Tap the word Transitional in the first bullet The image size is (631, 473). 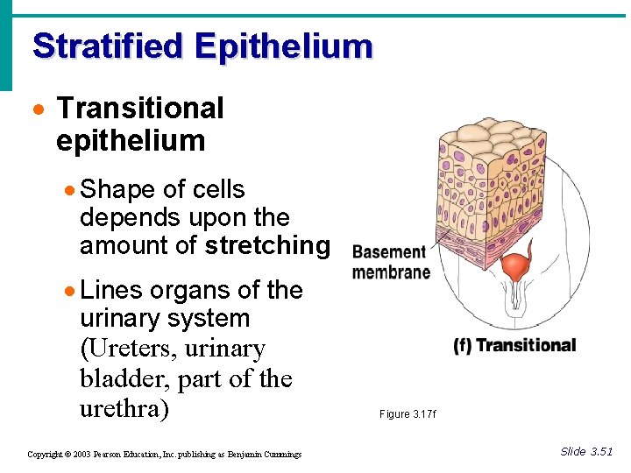point(140,109)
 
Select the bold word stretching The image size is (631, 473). point(267,246)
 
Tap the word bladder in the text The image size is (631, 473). point(123,379)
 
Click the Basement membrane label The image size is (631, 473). point(391,262)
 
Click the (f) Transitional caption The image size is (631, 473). point(514,345)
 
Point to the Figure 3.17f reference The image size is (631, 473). point(407,413)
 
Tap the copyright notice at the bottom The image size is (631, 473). point(164,454)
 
